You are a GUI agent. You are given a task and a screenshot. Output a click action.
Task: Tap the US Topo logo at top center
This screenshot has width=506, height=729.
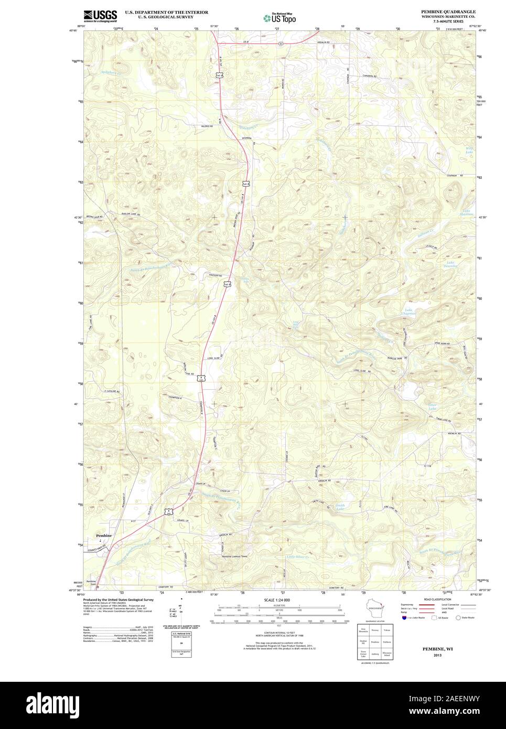[279, 17]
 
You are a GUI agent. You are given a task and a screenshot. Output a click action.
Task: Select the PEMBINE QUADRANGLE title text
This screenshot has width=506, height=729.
[448, 11]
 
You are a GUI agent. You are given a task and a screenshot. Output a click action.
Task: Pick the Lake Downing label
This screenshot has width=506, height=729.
[452, 264]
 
